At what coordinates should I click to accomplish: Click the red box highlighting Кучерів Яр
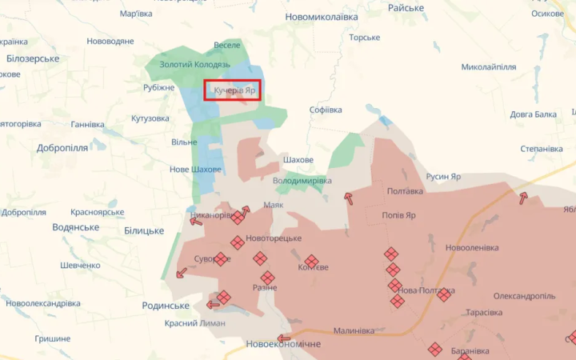click(x=232, y=91)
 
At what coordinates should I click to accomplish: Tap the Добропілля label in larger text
click(x=62, y=148)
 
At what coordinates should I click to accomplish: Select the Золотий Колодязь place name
click(x=194, y=64)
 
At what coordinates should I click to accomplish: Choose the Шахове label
click(x=298, y=160)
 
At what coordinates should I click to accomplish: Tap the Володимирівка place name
click(x=302, y=181)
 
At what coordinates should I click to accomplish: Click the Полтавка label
click(x=405, y=191)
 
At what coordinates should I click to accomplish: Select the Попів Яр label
click(x=398, y=215)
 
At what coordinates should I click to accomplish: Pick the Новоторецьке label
click(x=274, y=238)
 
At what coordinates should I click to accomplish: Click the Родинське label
click(x=166, y=306)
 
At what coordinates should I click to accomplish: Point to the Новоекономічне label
click(x=283, y=344)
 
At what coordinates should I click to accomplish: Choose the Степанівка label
click(x=541, y=149)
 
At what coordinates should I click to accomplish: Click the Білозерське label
click(x=33, y=59)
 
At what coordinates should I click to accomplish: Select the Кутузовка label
click(x=150, y=118)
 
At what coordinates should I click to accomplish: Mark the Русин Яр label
click(x=443, y=177)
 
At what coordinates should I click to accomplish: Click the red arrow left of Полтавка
click(x=348, y=198)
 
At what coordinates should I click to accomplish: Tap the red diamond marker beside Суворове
click(x=220, y=259)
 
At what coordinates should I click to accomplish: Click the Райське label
click(x=406, y=8)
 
